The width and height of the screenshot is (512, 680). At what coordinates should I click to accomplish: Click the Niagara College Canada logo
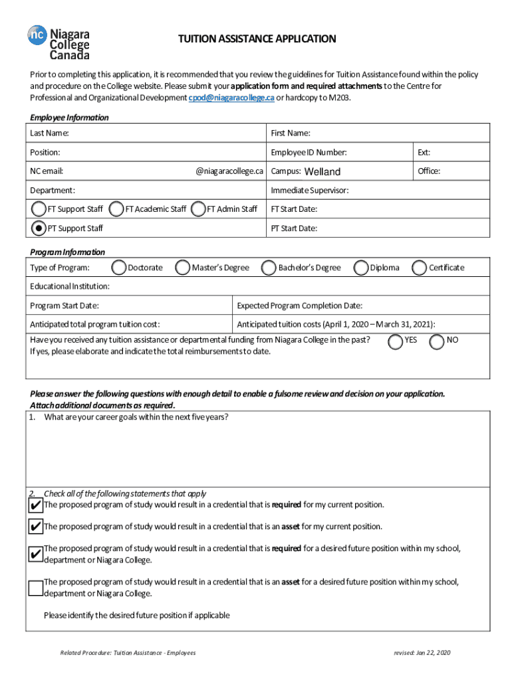coord(59,41)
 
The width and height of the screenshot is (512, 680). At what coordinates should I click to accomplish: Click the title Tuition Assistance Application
coord(257,39)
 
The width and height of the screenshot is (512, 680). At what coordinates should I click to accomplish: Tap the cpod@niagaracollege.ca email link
coord(231,98)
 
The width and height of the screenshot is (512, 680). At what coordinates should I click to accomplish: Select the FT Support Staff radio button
coord(39,209)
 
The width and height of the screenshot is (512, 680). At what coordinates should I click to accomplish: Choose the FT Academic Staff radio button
coord(117,209)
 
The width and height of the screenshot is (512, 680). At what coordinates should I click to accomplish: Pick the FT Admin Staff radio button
coord(198,209)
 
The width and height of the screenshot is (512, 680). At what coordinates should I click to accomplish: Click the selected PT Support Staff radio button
coord(39,228)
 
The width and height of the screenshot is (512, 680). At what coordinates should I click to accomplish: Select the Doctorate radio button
coord(119,268)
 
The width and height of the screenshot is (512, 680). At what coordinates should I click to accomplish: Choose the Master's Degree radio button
coord(183,268)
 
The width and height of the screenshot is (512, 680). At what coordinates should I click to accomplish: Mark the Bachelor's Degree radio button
coord(269,268)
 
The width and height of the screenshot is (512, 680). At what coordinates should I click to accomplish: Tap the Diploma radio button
coord(362,268)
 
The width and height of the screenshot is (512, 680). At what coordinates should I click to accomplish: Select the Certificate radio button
coord(420,268)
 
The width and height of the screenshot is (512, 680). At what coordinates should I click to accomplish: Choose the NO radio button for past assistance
coord(438,341)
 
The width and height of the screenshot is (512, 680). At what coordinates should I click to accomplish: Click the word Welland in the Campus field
coord(322,172)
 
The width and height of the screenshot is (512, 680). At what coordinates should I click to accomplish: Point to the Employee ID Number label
coord(309,153)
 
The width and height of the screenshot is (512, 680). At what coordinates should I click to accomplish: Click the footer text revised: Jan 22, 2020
coord(422,653)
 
